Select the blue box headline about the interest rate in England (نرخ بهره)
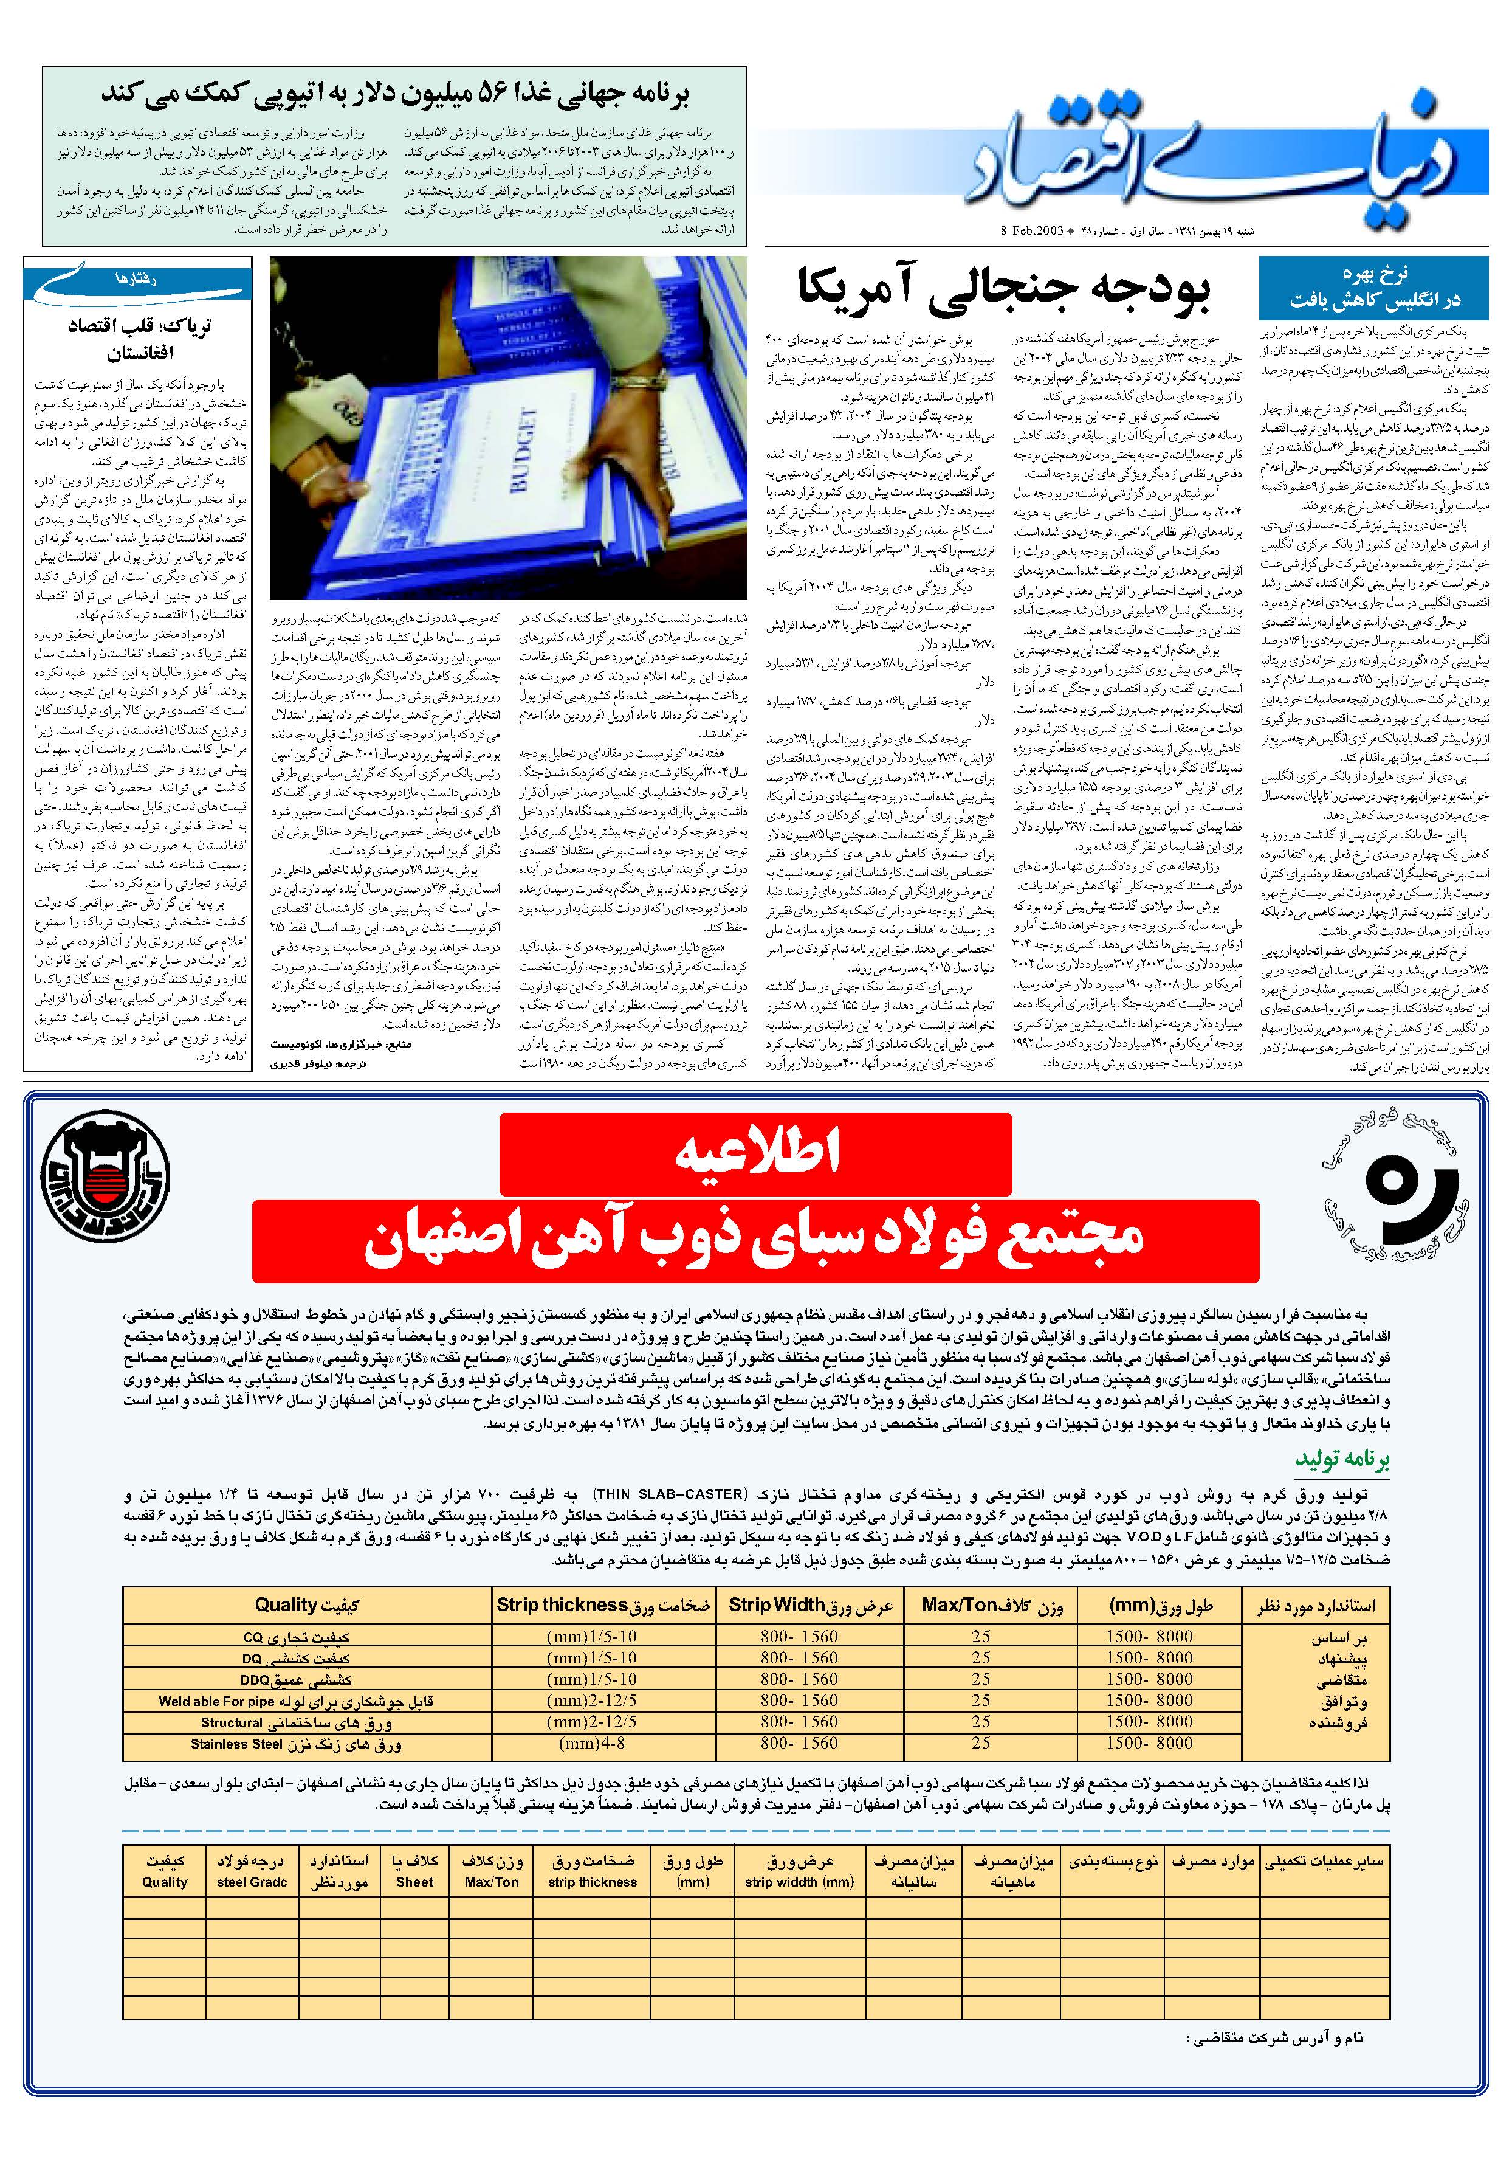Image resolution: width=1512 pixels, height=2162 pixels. click(x=1373, y=287)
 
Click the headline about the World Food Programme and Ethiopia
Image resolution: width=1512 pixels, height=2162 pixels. click(x=396, y=94)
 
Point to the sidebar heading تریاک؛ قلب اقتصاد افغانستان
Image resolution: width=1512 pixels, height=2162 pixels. click(x=139, y=339)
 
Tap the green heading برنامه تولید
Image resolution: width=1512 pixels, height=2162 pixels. click(x=1329, y=1459)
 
